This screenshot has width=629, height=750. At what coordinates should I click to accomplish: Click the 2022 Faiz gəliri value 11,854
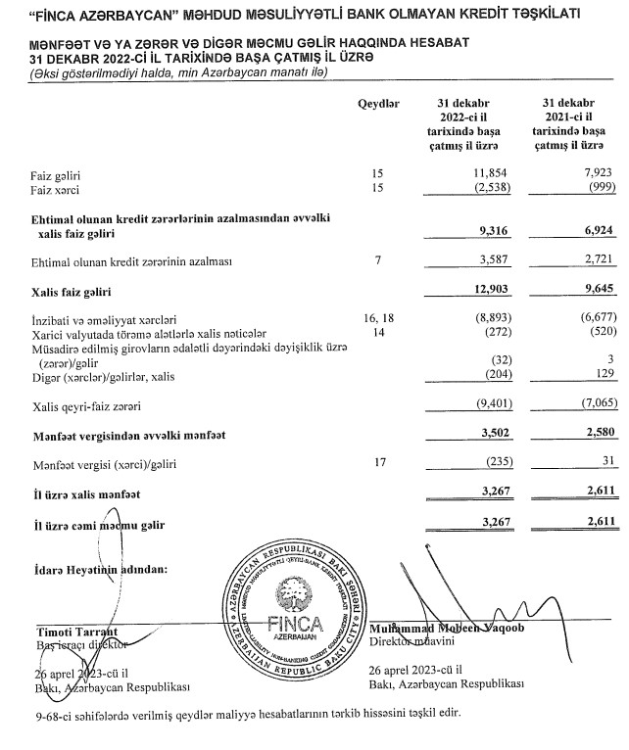(x=474, y=173)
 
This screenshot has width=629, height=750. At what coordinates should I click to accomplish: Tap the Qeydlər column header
(x=378, y=104)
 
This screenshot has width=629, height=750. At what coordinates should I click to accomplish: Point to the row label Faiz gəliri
(x=56, y=173)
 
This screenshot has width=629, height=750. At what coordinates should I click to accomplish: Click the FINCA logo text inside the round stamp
(x=295, y=623)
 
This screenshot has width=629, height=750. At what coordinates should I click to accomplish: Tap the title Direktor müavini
(x=411, y=642)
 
